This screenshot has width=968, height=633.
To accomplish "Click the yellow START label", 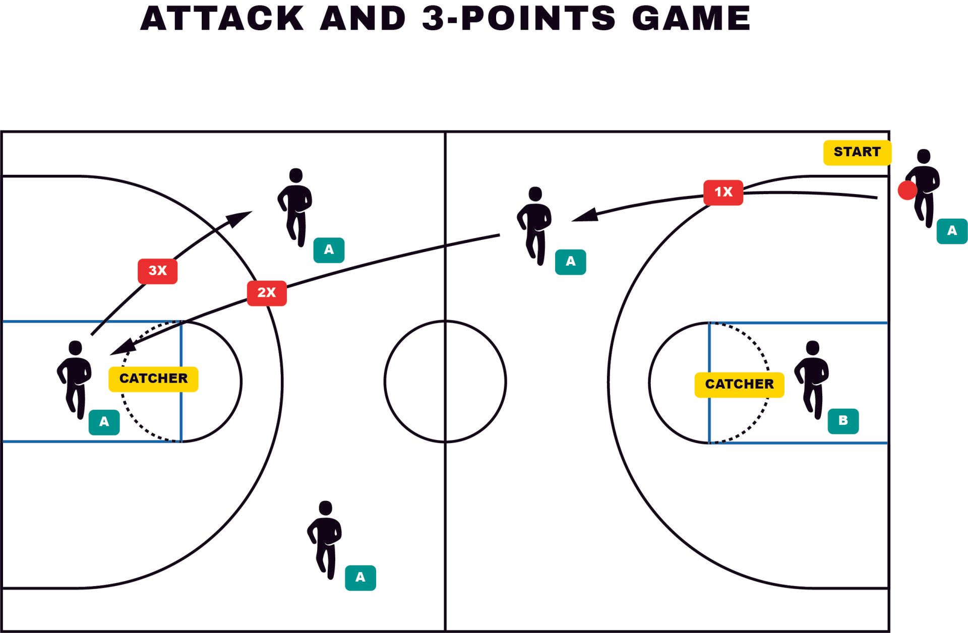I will (857, 152).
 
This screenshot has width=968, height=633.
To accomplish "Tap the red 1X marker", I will (723, 193).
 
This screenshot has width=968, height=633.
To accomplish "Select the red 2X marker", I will (267, 293).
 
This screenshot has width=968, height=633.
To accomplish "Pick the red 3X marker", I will (157, 271).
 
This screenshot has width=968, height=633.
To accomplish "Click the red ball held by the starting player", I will (907, 191).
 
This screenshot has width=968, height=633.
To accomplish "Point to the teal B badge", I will (843, 421).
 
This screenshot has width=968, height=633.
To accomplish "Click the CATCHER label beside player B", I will (739, 385).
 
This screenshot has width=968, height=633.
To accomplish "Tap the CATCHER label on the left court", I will (153, 378).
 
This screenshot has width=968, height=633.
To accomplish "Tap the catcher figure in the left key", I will (75, 379).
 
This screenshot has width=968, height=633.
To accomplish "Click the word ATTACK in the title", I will (222, 19).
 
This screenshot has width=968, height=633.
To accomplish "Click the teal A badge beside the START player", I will (952, 231).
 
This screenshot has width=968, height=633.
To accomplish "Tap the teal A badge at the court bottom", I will (360, 578).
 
